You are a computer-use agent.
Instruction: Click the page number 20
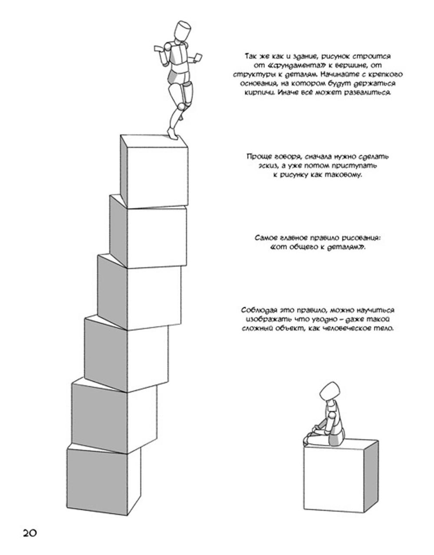click(30, 533)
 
